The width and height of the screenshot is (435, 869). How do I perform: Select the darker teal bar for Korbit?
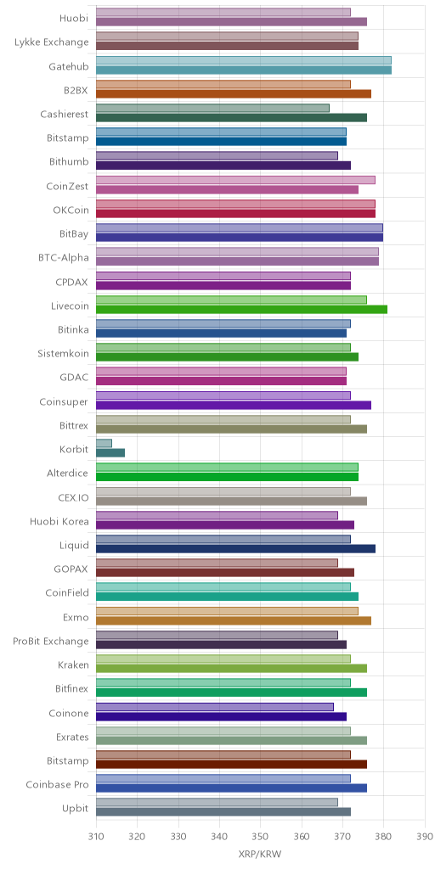[110, 453]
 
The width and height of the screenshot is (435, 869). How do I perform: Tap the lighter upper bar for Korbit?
[104, 443]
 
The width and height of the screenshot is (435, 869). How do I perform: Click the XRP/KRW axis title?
[260, 854]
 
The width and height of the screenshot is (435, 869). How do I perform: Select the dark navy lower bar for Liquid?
[236, 549]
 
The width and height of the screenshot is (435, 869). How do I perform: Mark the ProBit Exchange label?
[50, 642]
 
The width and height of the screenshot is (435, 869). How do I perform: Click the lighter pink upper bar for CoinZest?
[235, 180]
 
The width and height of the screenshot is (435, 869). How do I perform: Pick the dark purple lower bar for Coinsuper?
[234, 405]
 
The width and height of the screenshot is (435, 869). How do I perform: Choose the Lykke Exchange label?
[52, 42]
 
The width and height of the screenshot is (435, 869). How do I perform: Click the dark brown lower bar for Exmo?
[234, 620]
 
